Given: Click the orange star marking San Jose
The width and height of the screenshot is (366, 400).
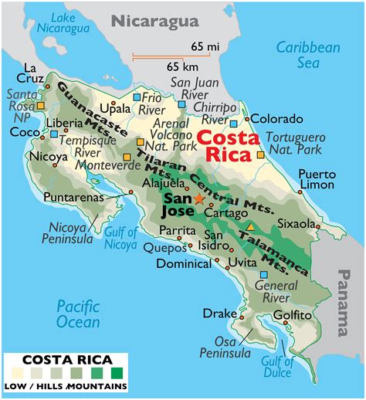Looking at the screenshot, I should pyautogui.click(x=198, y=198).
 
